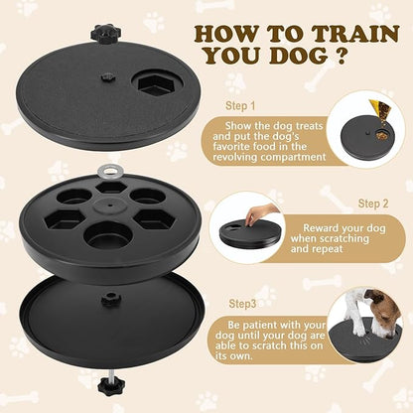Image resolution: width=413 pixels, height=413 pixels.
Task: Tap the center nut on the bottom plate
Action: [105, 300]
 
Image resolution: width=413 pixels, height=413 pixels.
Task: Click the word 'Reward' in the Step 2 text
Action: [323, 226]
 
